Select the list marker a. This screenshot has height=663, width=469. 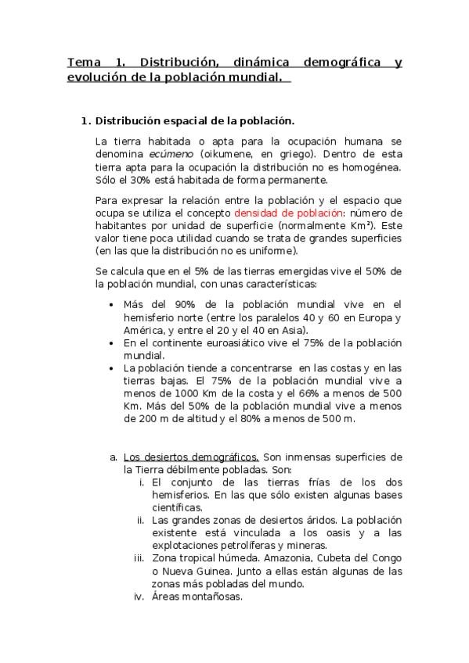click(x=114, y=457)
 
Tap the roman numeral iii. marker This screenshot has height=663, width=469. click(x=138, y=558)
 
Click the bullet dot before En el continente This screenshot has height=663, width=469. click(x=114, y=343)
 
